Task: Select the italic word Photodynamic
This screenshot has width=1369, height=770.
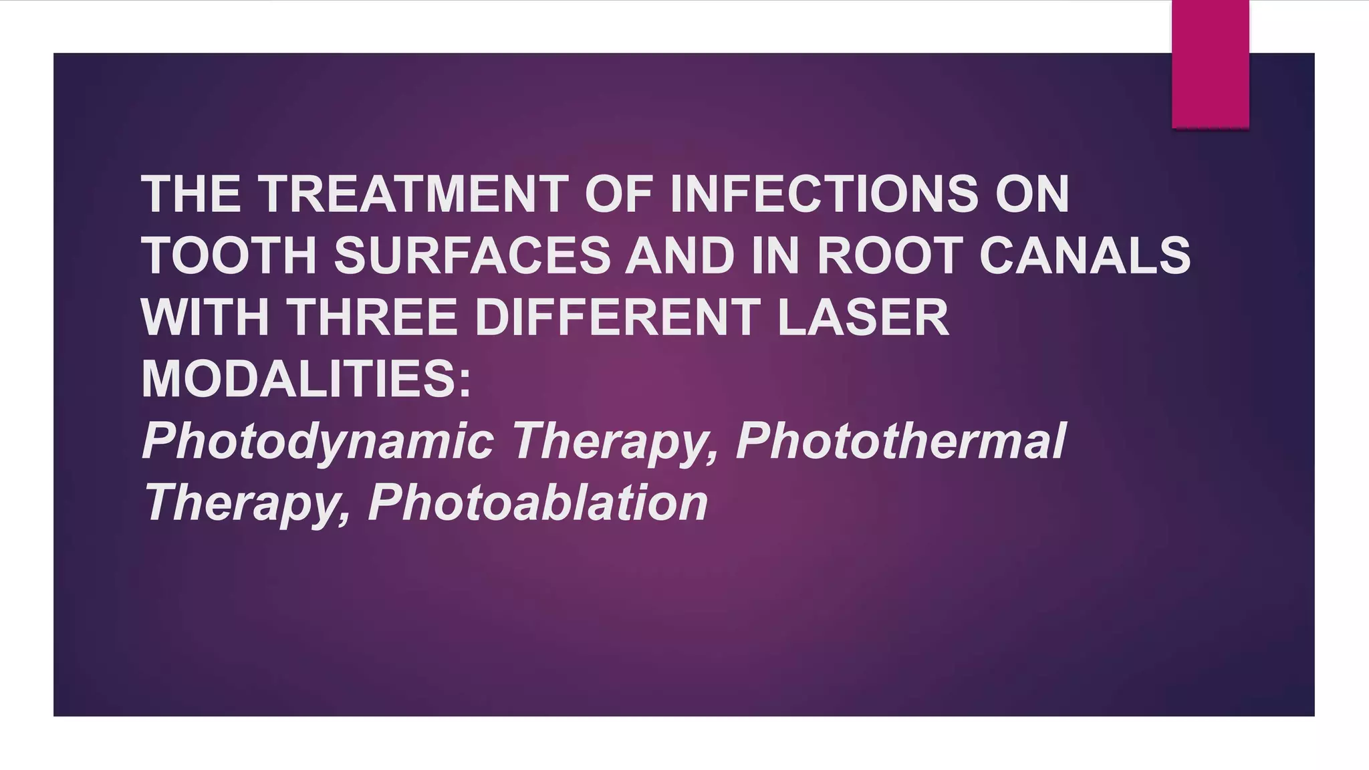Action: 318,441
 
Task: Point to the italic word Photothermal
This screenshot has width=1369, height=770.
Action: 900,441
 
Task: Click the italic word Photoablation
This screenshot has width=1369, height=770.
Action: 537,503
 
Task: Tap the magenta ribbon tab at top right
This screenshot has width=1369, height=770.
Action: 1210,63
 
